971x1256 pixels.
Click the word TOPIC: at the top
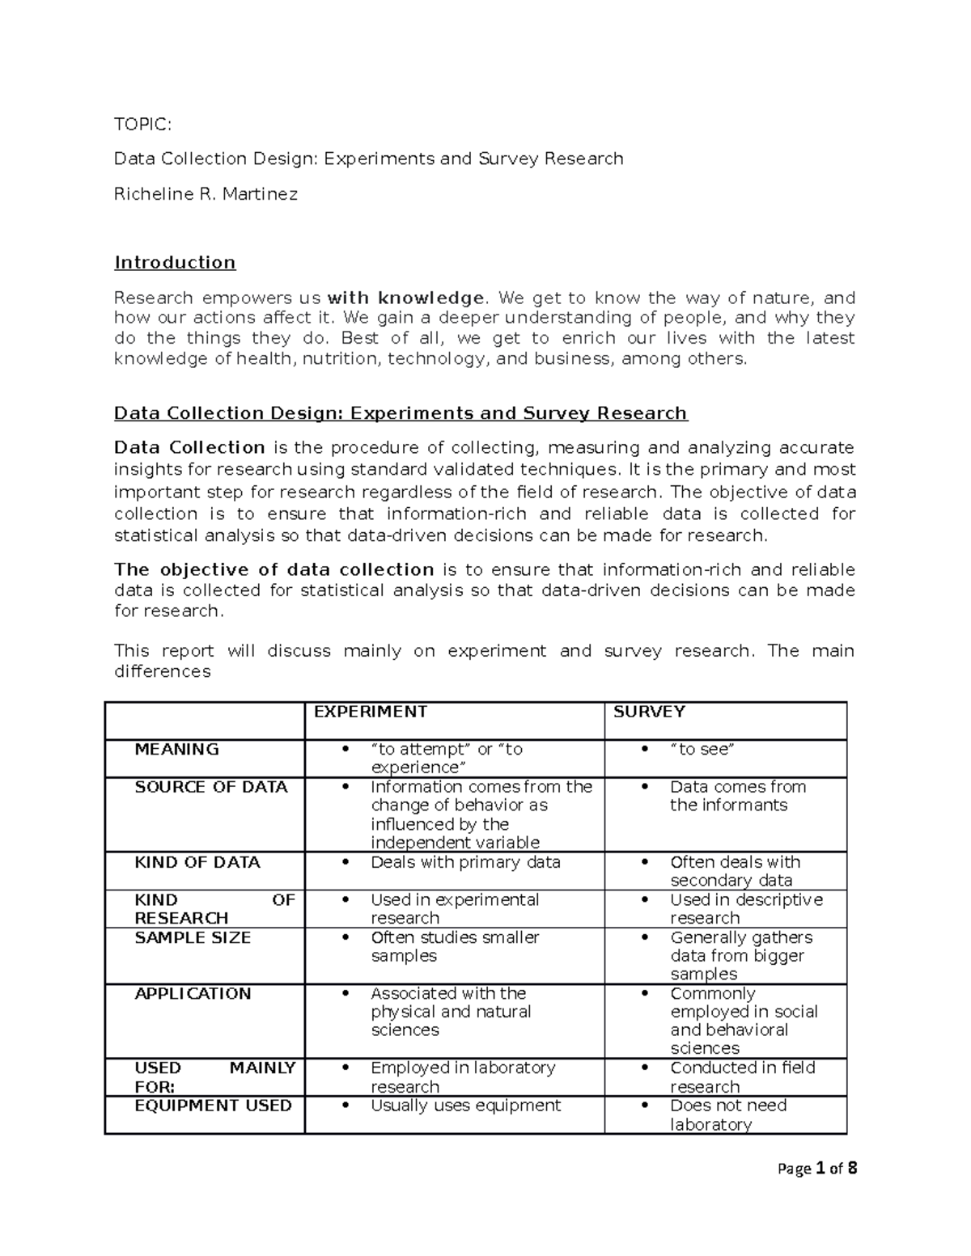tap(142, 124)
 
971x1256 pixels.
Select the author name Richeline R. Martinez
tap(206, 194)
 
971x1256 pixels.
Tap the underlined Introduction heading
tap(175, 262)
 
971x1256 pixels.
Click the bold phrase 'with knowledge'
tap(405, 298)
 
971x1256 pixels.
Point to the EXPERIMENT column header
tap(370, 712)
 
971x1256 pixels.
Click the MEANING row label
tap(176, 750)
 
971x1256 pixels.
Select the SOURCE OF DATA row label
tap(210, 787)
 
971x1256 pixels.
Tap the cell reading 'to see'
tap(702, 750)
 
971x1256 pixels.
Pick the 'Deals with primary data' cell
tap(465, 862)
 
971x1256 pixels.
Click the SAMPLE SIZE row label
tap(193, 937)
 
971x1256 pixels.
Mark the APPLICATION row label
tap(193, 993)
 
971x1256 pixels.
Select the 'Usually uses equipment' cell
tap(465, 1106)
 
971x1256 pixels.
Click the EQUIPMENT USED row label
tap(213, 1106)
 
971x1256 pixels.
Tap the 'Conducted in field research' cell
tap(742, 1076)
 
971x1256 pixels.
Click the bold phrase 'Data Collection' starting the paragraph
tap(189, 448)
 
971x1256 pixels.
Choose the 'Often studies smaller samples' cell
tap(455, 946)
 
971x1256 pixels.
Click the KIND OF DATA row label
tap(197, 862)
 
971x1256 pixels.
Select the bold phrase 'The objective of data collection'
tap(274, 569)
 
